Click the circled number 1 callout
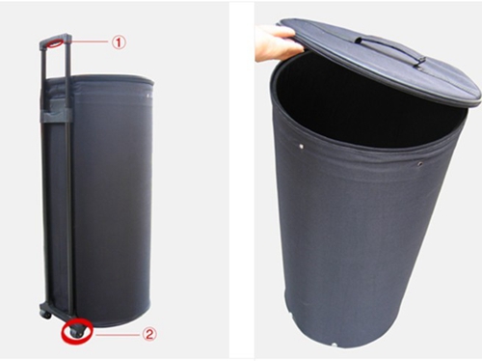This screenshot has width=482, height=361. (x=119, y=42)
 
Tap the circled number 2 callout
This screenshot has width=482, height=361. (x=149, y=334)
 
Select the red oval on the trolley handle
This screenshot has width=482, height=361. (x=56, y=42)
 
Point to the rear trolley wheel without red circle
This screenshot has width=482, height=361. (x=46, y=315)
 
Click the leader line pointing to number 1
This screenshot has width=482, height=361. (x=88, y=42)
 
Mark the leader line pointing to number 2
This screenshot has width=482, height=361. (x=118, y=335)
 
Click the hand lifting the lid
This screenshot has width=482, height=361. (x=277, y=42)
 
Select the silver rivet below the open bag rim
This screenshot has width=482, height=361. (x=302, y=147)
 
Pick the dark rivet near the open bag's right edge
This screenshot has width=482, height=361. (x=419, y=164)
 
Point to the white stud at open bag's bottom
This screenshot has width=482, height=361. (x=335, y=346)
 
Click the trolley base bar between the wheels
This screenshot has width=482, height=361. (x=57, y=315)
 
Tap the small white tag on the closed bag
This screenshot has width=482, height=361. (x=148, y=96)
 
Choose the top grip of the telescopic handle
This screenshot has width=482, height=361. (x=55, y=41)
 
